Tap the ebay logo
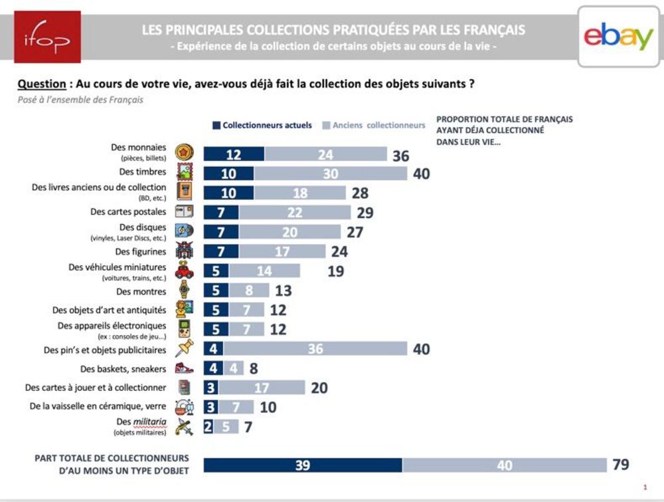point(618,37)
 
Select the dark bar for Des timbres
point(228,174)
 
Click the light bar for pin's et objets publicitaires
point(315,349)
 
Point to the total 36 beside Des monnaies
point(400,156)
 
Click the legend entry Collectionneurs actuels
point(262,125)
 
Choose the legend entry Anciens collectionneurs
point(374,125)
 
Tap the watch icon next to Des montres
point(184,290)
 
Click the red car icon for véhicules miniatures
point(184,270)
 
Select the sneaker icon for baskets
point(184,368)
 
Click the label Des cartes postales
point(128,212)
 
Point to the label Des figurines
point(141,251)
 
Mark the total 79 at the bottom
point(621,465)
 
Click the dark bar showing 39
point(302,465)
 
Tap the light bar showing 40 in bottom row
point(504,465)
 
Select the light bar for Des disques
point(290,231)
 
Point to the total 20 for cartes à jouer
point(319,388)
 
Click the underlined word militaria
point(149,422)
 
